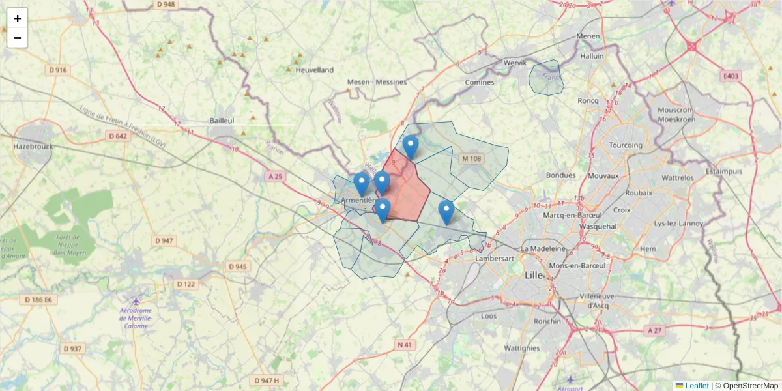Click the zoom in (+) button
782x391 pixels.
coord(18,18)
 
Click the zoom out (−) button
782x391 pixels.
coord(18,38)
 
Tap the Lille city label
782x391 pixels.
coord(534,275)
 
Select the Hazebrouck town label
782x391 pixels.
coord(33,147)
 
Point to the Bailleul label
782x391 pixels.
coord(222,121)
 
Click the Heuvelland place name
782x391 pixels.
coord(314,70)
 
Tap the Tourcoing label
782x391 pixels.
coord(625,145)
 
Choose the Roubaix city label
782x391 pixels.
coord(638,193)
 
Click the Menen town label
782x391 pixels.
coord(587,36)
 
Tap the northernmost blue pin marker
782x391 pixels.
coord(410,147)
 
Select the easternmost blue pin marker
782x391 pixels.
coord(446,212)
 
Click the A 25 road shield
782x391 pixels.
coord(276,176)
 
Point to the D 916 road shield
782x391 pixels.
coord(57,70)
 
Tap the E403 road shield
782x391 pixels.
coord(731,76)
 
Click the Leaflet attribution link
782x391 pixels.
coord(696,386)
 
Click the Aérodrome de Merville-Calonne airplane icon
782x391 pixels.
coord(136,301)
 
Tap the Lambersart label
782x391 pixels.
coord(495,259)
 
